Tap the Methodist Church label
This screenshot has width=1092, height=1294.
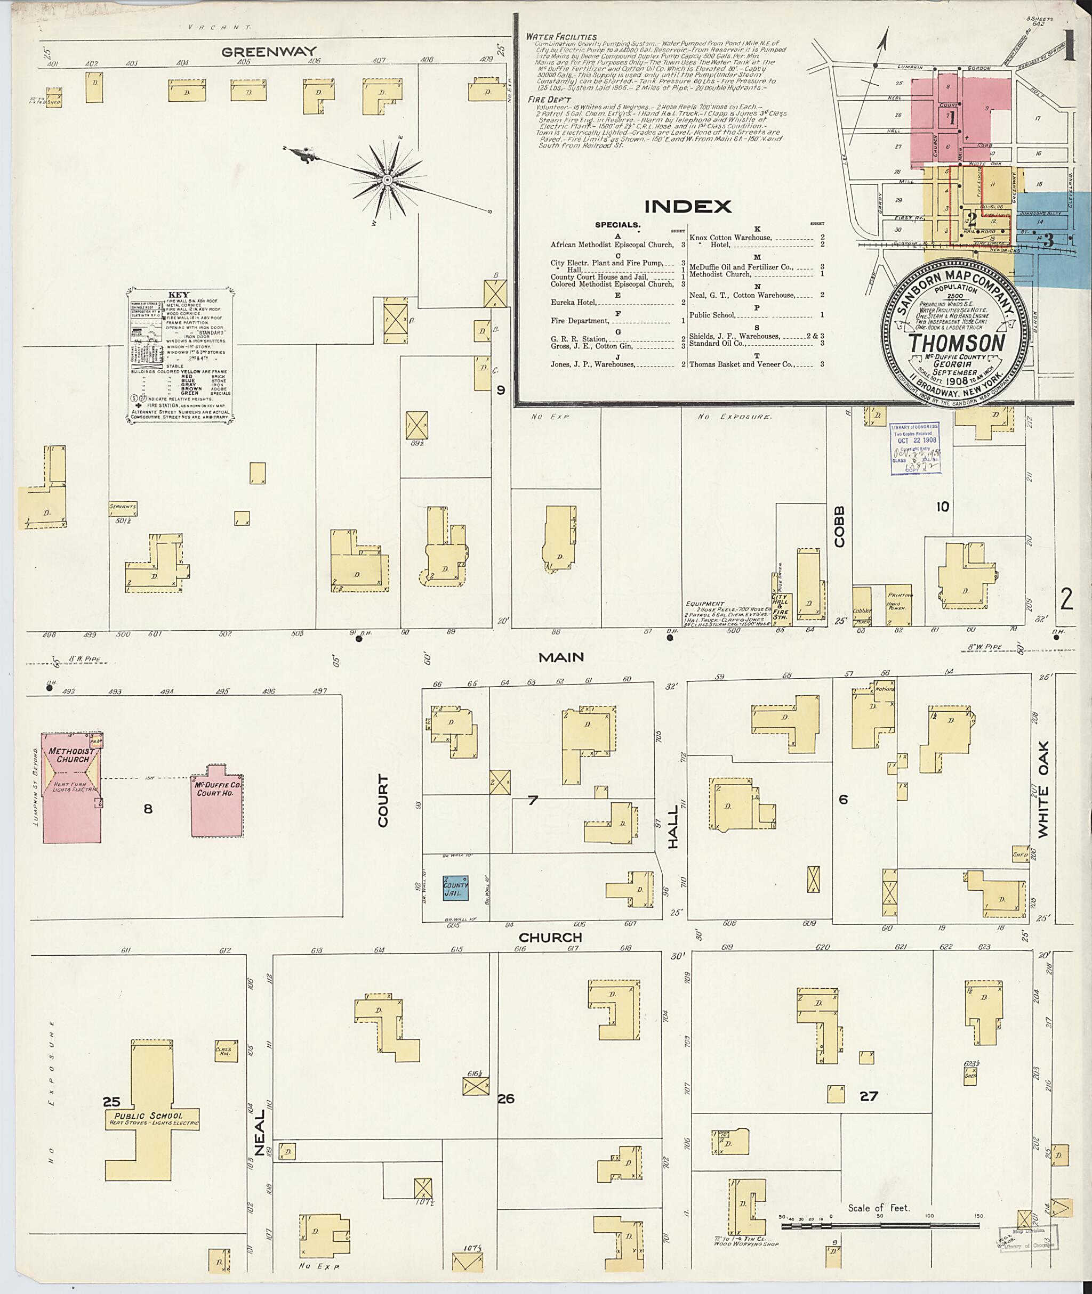pyautogui.click(x=73, y=755)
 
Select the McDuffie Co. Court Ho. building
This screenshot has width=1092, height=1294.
pyautogui.click(x=216, y=804)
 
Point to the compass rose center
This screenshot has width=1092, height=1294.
pyautogui.click(x=387, y=180)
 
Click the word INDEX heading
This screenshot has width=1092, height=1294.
pyautogui.click(x=687, y=207)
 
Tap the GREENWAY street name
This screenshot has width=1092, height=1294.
pyautogui.click(x=269, y=52)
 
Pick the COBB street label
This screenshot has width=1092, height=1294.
pyautogui.click(x=839, y=527)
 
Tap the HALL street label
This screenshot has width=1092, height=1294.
pyautogui.click(x=673, y=817)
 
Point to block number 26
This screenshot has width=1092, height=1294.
pyautogui.click(x=506, y=1098)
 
